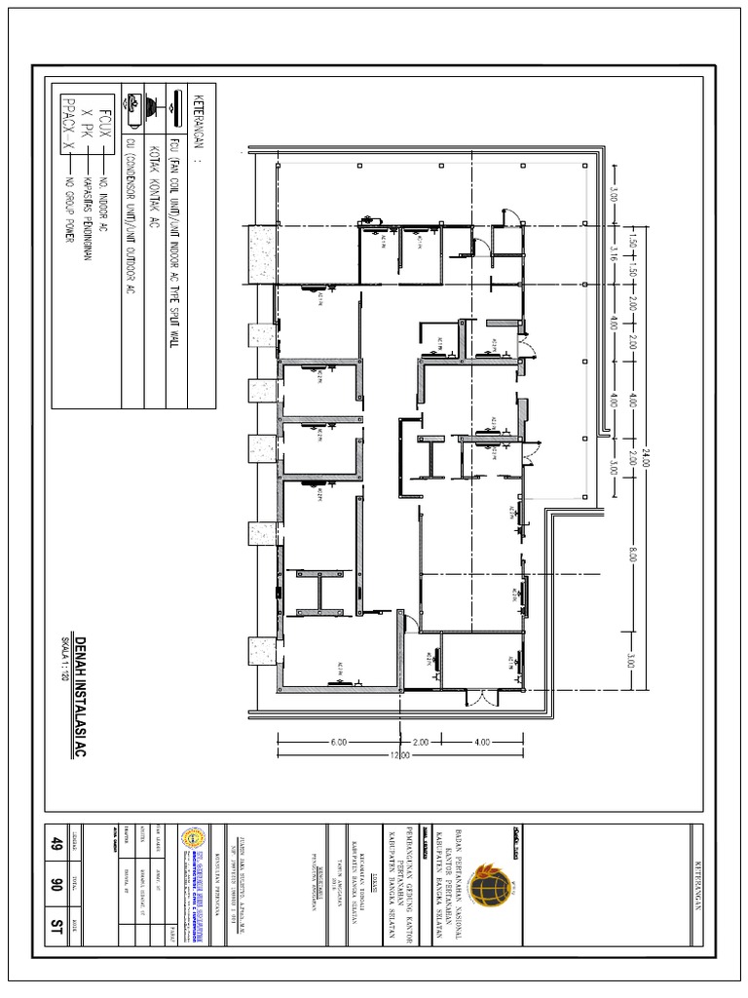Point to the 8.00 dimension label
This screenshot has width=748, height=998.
coord(633,555)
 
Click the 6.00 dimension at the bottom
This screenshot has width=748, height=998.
coord(339,743)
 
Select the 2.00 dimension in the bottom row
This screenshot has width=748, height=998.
coord(421,743)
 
